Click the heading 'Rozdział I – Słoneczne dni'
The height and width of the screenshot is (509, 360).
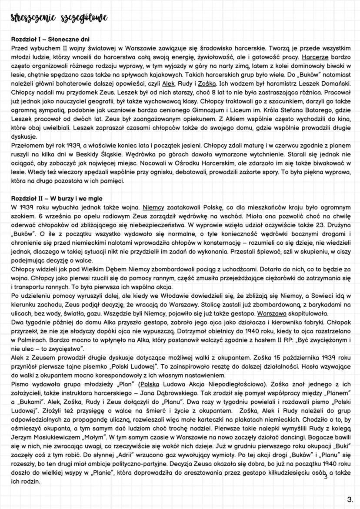point(50,40)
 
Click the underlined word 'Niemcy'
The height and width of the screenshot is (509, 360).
point(154,207)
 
